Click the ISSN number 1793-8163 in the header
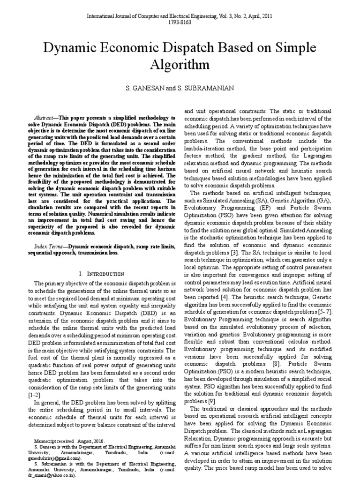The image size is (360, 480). (x=180, y=23)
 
